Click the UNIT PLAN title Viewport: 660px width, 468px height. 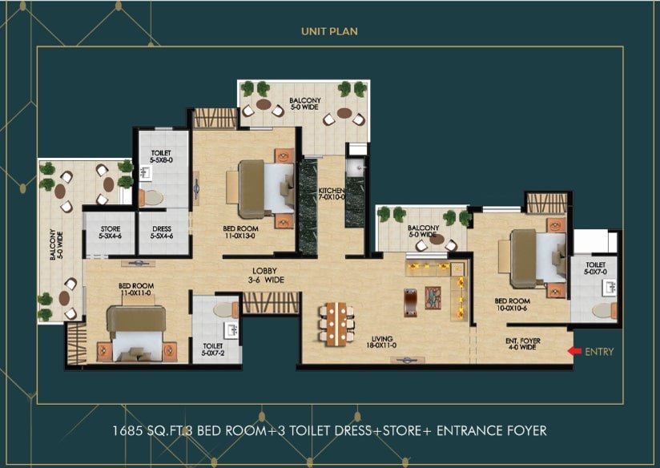click(329, 31)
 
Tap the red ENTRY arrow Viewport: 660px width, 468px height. click(574, 351)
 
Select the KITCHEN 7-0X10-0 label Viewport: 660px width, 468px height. click(332, 194)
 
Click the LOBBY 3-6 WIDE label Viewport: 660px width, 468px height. click(265, 275)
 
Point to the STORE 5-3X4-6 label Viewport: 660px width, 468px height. click(111, 232)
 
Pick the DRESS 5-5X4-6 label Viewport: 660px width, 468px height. click(162, 232)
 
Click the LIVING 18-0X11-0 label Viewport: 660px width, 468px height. click(382, 342)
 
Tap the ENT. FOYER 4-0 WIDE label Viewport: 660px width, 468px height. click(523, 344)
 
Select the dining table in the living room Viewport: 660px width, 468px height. click(336, 324)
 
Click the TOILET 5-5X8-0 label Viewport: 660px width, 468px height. click(161, 156)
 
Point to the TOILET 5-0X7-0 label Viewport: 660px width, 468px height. click(596, 268)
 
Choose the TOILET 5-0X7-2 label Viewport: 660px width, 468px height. click(213, 349)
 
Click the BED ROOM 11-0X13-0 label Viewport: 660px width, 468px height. click(241, 232)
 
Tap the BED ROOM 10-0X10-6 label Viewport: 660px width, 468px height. click(513, 305)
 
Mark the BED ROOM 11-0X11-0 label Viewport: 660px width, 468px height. click(136, 289)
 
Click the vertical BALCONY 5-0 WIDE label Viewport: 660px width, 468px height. click(56, 244)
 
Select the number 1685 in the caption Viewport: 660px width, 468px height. click(126, 431)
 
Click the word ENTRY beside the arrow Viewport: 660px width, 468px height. click(599, 352)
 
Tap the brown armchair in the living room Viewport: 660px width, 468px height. click(410, 302)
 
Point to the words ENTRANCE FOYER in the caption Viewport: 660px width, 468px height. click(492, 431)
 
